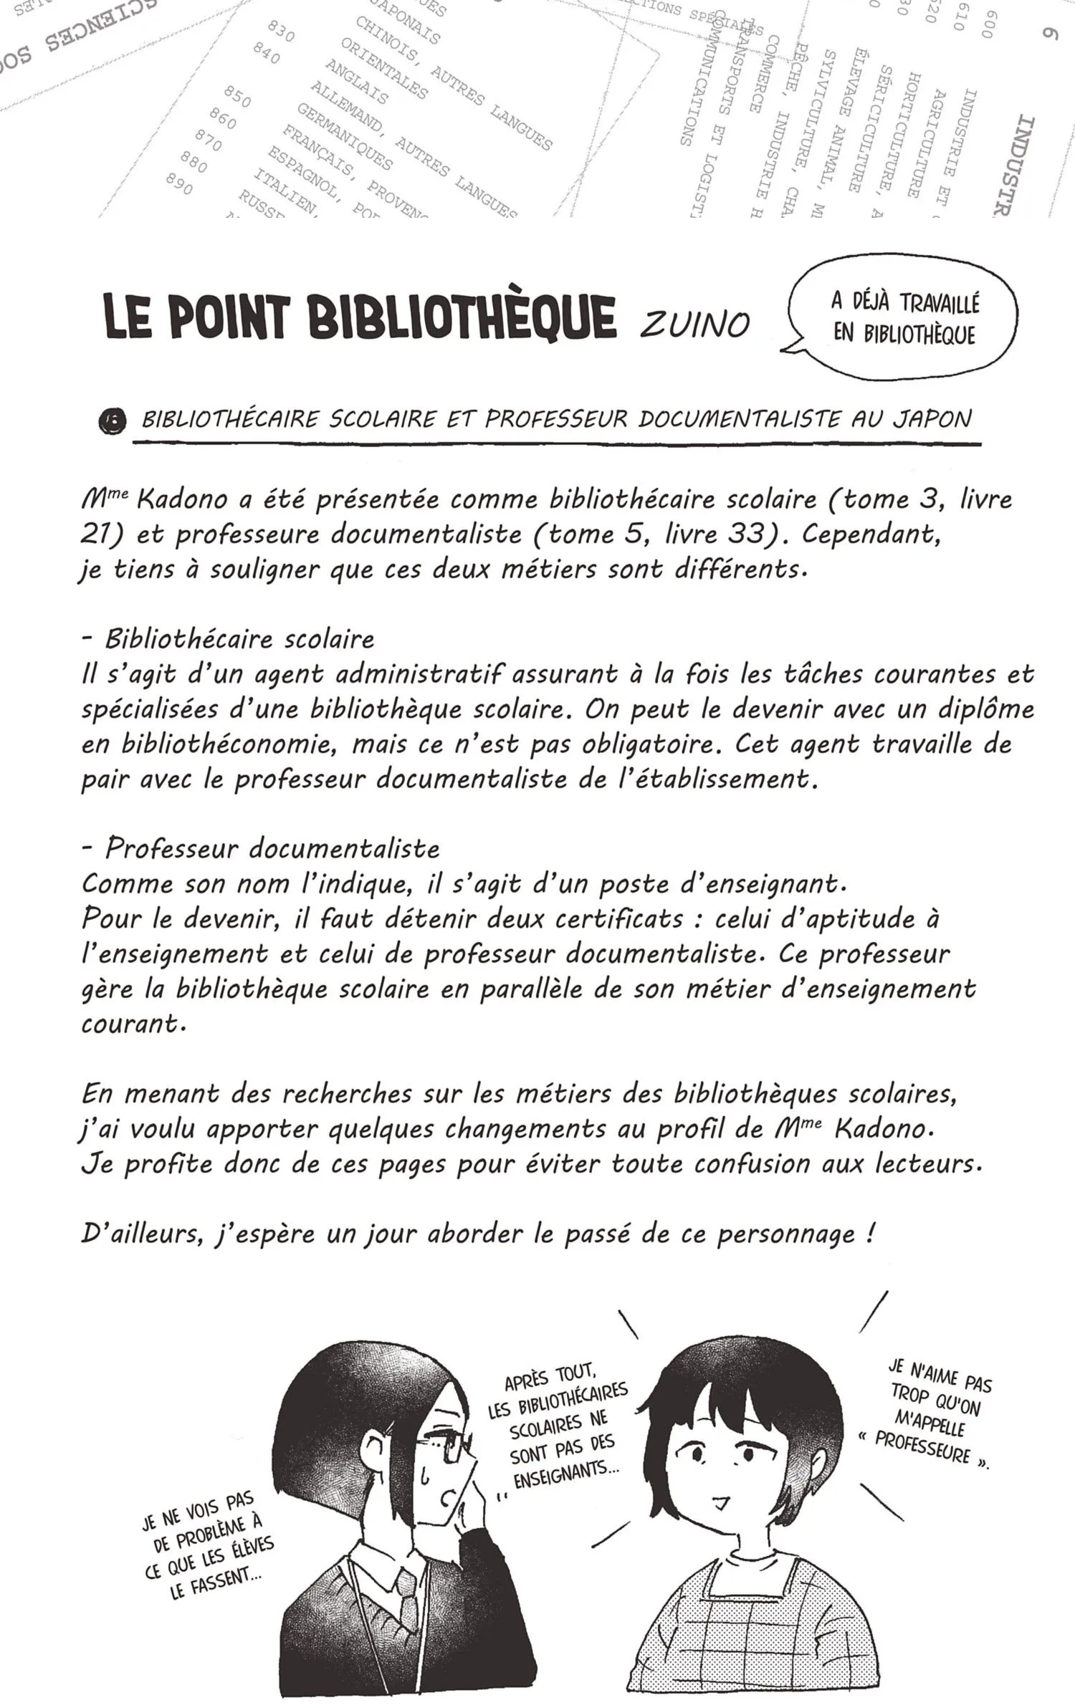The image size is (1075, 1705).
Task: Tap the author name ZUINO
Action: point(694,326)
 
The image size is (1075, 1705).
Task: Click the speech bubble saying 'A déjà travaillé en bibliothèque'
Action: point(904,319)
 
